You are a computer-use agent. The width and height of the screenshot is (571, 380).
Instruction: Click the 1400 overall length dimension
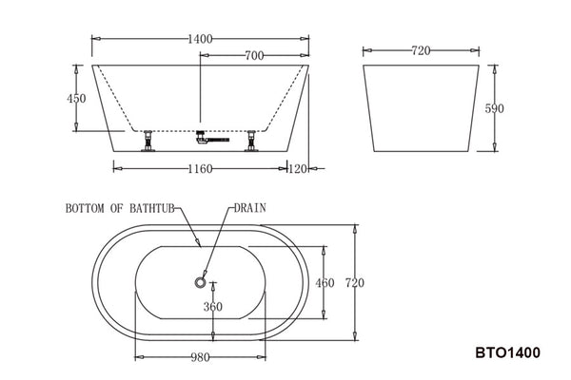[200, 39]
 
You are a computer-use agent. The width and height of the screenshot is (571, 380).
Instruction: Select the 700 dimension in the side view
[254, 56]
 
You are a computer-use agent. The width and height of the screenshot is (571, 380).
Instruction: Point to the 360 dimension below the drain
[212, 307]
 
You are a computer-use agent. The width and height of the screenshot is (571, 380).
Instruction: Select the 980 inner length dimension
[200, 359]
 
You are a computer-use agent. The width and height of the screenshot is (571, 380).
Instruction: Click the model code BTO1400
[507, 352]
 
